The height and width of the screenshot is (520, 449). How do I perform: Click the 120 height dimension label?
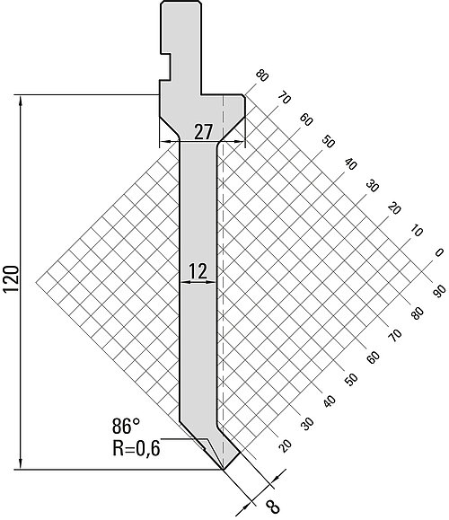pos(11,278)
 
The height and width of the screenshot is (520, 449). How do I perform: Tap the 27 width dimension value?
pos(203,132)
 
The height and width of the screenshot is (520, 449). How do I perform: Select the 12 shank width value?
pos(198,271)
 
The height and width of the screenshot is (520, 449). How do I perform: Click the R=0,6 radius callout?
pos(136,448)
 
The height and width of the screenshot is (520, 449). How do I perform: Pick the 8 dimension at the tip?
pos(273,507)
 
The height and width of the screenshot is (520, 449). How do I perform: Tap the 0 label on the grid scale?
pos(439,252)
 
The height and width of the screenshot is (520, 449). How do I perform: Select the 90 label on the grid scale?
pos(439,291)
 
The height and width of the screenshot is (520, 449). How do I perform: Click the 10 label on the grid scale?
pos(417,231)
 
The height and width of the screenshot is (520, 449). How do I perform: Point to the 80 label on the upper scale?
pos(261,76)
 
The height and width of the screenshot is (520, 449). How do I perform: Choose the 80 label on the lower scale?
pos(418,313)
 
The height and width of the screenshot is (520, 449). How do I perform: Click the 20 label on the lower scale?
pos(285,445)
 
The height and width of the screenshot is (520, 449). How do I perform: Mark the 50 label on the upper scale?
pos(329,142)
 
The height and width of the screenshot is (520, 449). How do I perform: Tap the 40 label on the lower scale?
pos(329,401)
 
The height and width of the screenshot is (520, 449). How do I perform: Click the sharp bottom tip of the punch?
pos(224,470)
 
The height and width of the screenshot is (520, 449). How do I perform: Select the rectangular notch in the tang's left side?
pos(165,66)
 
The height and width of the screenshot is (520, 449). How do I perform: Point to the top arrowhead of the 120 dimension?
pos(21,100)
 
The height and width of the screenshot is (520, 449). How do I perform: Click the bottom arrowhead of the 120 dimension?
pos(21,464)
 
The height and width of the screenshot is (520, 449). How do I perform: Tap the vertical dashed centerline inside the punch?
pos(224,282)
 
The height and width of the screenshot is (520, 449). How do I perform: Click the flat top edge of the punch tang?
pos(180,1)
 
